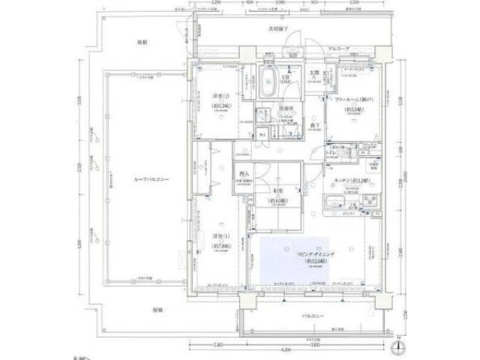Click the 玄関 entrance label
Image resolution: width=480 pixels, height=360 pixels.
click(316, 73)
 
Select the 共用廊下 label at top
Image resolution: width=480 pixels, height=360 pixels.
click(280, 29)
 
